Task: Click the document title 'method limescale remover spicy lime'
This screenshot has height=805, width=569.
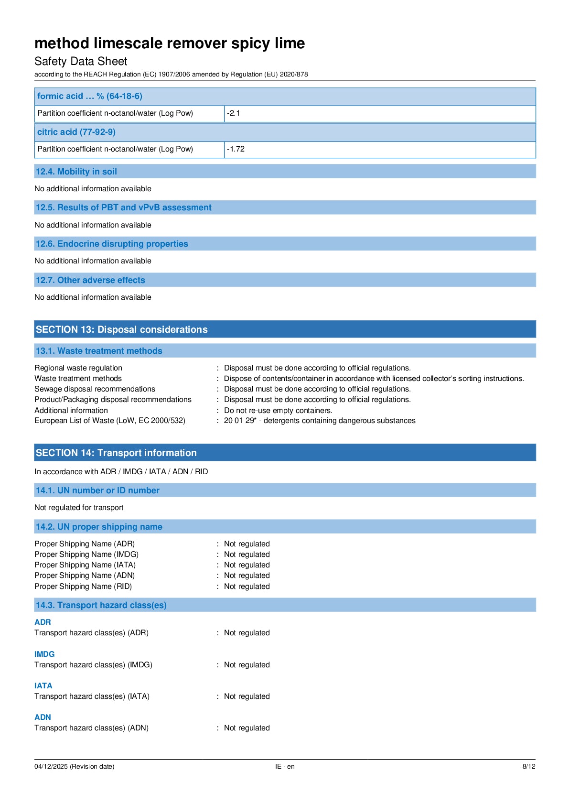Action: (x=170, y=44)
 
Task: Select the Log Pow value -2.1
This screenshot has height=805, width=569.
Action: (x=234, y=113)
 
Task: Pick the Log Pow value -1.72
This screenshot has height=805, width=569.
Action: (x=236, y=149)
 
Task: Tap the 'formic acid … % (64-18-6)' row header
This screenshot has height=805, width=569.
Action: (x=90, y=96)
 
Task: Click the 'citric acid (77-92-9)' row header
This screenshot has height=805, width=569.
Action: (x=76, y=132)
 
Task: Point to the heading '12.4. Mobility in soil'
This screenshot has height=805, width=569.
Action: (x=76, y=172)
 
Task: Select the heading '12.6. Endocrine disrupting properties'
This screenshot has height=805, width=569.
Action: (x=112, y=244)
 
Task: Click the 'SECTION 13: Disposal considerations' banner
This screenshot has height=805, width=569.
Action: (x=122, y=329)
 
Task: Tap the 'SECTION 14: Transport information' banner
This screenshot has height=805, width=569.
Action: (x=116, y=453)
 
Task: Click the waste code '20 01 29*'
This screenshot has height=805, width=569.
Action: (x=240, y=421)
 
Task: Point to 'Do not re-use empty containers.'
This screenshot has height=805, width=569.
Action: (x=278, y=410)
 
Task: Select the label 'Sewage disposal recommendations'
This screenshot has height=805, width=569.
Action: (x=95, y=389)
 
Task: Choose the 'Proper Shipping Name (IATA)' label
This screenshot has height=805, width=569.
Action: (x=85, y=565)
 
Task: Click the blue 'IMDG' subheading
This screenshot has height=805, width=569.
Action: (x=44, y=654)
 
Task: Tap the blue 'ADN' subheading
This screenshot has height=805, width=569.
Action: (x=43, y=717)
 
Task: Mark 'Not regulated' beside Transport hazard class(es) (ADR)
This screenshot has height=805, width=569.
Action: (x=247, y=633)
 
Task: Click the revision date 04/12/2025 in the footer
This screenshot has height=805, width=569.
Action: (x=74, y=766)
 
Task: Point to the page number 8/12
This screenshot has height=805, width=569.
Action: (x=528, y=766)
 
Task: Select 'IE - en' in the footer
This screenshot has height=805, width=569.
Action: (x=285, y=766)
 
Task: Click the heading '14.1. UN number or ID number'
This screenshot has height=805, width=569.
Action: (x=97, y=490)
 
